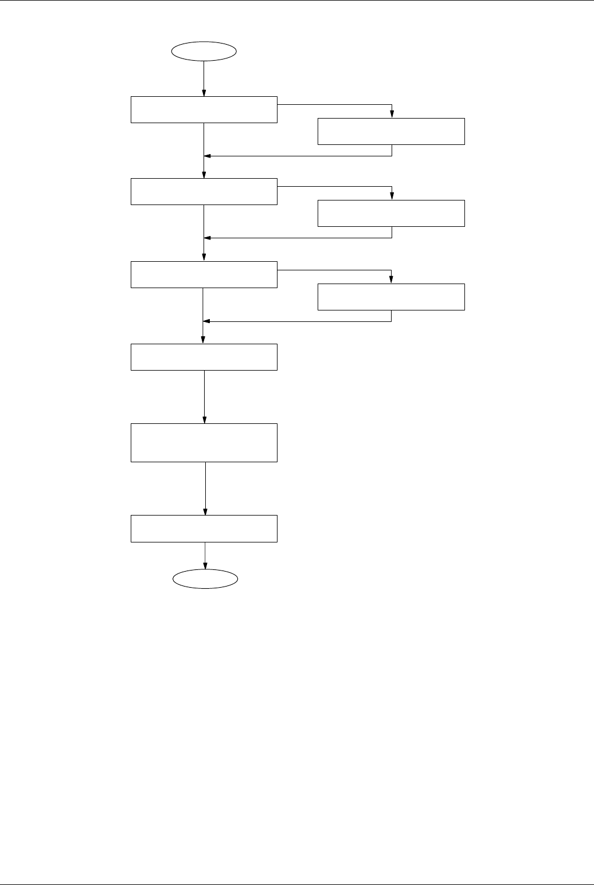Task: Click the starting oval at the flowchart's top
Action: click(x=205, y=50)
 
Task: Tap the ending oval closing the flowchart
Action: click(x=205, y=579)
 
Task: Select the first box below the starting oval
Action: click(x=204, y=110)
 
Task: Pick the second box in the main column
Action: click(x=204, y=192)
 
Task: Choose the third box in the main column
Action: click(x=204, y=274)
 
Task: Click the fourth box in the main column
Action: click(x=204, y=357)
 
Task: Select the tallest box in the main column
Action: click(x=204, y=443)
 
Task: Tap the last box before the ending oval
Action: click(x=204, y=528)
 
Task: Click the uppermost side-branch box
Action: click(x=391, y=131)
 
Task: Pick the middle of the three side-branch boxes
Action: click(x=391, y=213)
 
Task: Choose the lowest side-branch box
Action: click(x=391, y=297)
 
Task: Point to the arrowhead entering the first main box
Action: click(x=204, y=94)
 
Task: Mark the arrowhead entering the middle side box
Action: click(x=392, y=197)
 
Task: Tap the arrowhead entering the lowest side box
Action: click(x=392, y=280)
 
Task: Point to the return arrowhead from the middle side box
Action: click(x=208, y=238)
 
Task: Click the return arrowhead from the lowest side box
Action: click(x=208, y=321)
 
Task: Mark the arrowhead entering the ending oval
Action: click(x=205, y=567)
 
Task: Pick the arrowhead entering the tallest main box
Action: click(x=205, y=420)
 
